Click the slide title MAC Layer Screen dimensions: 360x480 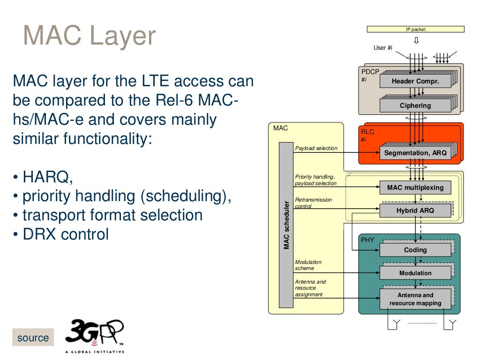(90, 36)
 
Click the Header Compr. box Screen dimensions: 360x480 (415, 81)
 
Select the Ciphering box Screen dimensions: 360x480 (415, 105)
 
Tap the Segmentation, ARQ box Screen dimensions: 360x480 (415, 153)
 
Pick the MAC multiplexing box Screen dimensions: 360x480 (415, 188)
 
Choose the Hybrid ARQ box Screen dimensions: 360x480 (415, 210)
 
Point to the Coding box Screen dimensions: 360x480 (415, 250)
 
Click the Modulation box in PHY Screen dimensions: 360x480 (415, 273)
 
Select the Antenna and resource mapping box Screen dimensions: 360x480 (415, 299)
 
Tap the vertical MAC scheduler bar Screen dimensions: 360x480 (286, 225)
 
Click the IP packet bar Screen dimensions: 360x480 (415, 29)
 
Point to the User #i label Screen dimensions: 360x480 (382, 48)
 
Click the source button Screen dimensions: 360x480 (33, 338)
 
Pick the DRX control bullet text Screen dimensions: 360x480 (61, 234)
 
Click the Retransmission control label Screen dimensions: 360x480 (313, 203)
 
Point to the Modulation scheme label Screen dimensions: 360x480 (308, 265)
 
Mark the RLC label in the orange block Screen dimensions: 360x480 (367, 132)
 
